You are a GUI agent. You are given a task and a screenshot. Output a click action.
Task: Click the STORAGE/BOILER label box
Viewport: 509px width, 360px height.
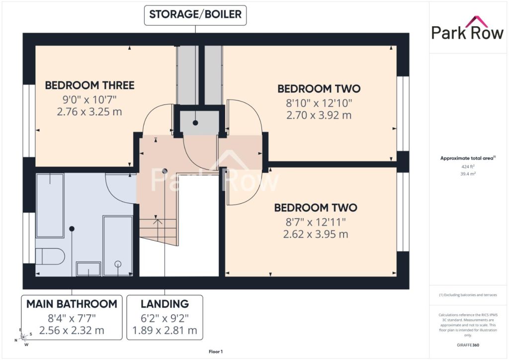tap(195, 15)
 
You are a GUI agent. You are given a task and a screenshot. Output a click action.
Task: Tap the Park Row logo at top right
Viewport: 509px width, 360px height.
tap(467, 28)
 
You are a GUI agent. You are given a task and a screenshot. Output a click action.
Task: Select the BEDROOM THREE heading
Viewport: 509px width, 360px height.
tap(89, 86)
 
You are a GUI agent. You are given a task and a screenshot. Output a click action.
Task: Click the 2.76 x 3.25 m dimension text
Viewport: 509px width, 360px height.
tap(89, 112)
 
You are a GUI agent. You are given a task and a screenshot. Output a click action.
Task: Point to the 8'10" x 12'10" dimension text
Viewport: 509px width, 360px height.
tap(319, 103)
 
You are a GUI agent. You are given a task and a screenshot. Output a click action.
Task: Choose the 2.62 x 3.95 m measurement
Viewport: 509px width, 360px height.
tap(316, 234)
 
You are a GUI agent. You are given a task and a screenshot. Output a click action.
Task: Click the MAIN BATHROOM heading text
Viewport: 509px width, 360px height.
tap(72, 304)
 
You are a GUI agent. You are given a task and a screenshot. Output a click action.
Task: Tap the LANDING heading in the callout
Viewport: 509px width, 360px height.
tap(165, 304)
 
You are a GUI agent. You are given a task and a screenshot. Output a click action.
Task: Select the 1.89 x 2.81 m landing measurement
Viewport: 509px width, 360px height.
tap(165, 331)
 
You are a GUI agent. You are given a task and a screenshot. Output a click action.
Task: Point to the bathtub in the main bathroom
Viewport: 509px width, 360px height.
tap(50, 205)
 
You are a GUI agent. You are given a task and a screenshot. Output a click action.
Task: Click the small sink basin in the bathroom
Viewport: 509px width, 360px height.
tap(88, 269)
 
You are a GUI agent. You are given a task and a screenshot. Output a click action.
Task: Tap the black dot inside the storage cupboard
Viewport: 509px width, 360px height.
tap(195, 123)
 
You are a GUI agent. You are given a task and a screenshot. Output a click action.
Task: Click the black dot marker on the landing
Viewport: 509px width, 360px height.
tap(165, 171)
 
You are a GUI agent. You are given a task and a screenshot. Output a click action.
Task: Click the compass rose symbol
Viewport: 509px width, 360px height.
tap(23, 337)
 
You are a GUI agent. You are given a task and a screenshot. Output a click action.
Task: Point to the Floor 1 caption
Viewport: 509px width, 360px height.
tap(216, 352)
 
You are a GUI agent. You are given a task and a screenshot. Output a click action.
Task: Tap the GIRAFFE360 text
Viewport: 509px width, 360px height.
tap(468, 345)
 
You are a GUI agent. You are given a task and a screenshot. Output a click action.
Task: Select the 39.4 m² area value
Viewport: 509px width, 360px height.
tap(468, 174)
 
